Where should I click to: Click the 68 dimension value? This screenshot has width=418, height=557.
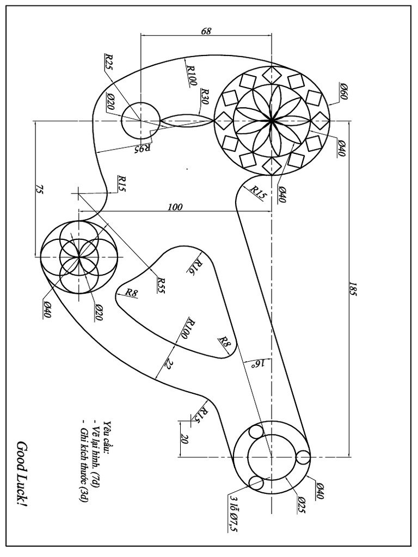206,32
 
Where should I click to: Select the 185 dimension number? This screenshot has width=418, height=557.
353,289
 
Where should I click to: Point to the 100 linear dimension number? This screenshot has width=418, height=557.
175,207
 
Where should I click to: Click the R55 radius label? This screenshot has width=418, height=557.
160,284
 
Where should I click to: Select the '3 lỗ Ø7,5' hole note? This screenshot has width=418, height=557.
232,512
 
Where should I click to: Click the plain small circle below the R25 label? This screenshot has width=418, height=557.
140,120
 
